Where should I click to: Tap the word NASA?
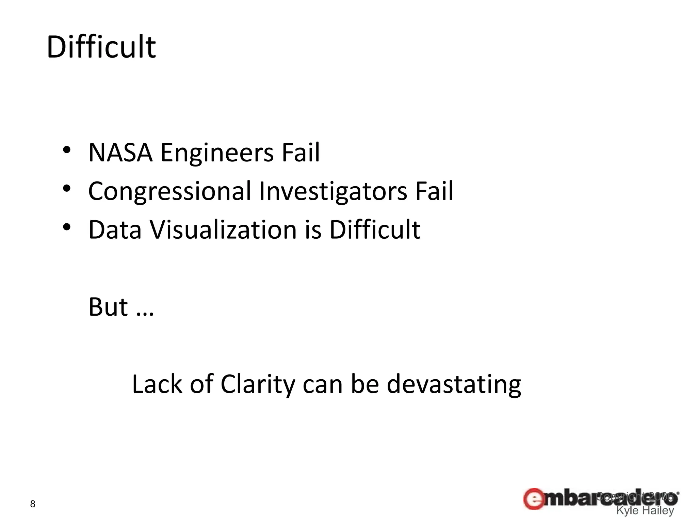120,153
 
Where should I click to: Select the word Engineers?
217,153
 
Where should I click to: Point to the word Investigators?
333,191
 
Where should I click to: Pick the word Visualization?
224,229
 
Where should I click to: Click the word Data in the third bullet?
115,229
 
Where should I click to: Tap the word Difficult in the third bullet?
375,229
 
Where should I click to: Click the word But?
108,307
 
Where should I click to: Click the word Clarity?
258,384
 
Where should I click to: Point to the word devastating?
454,384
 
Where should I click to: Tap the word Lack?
157,384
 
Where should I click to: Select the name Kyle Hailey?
645,511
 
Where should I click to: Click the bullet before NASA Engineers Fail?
67,150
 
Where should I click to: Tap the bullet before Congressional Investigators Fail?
67,188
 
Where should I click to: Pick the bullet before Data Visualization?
67,227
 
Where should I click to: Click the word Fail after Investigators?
434,191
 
